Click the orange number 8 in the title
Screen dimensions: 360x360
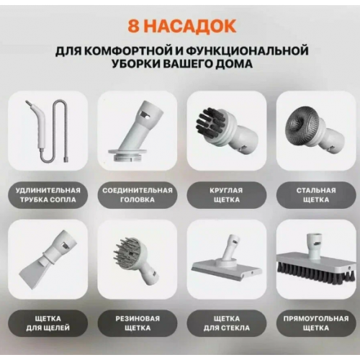tap(133, 26)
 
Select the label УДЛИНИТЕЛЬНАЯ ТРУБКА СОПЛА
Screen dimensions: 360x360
tap(48, 195)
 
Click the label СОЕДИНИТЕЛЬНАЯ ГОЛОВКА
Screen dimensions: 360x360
tap(138, 195)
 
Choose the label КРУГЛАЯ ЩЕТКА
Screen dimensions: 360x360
tap(227, 195)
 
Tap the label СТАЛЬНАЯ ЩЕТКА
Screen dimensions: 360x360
tap(316, 195)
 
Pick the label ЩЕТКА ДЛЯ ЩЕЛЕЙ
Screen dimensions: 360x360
tap(48, 323)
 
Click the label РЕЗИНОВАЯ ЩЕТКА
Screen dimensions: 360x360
tap(138, 323)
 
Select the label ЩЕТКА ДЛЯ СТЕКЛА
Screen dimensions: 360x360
tap(227, 323)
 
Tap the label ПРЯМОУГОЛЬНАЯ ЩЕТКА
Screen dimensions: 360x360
tap(316, 323)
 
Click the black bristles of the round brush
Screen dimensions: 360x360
tap(210, 122)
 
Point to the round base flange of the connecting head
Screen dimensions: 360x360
tap(127, 154)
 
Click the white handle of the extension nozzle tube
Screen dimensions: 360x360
tap(40, 127)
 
